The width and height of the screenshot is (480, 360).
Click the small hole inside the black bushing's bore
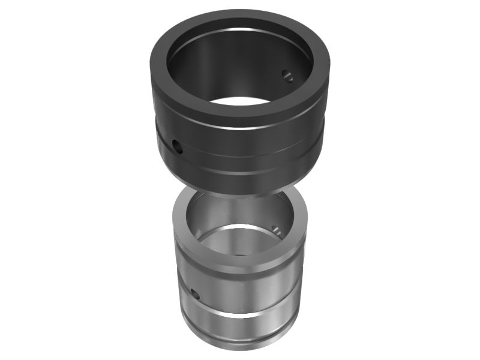(287, 75)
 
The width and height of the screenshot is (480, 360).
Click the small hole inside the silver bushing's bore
(275, 229)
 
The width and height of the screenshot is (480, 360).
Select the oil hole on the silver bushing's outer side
(194, 293)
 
